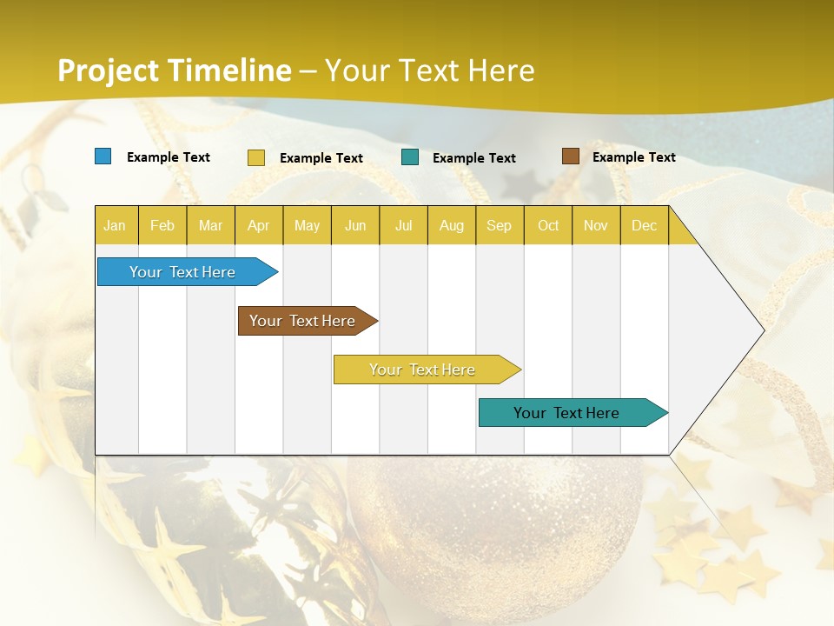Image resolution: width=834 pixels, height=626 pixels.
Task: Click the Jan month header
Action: [x=115, y=225]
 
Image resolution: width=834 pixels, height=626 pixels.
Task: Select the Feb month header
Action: [x=162, y=225]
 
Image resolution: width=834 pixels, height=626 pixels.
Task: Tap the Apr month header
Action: [x=258, y=225]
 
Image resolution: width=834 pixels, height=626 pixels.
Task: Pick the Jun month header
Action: [x=355, y=225]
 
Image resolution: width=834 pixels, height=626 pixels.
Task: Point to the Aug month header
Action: [x=451, y=225]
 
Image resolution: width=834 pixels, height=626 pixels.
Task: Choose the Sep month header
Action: [x=499, y=225]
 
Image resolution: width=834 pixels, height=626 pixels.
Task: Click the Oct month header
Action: [x=548, y=225]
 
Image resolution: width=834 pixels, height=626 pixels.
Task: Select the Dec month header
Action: [x=644, y=225]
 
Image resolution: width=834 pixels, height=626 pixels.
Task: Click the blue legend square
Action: [x=103, y=156]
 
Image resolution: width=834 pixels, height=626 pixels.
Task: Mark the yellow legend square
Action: [x=256, y=157]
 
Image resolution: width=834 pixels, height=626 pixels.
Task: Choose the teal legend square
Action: [x=410, y=157]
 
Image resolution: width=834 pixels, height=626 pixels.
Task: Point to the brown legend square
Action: [x=570, y=156]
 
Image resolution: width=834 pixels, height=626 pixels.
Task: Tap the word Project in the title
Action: [x=108, y=70]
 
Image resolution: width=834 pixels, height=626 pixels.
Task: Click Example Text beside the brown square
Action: [x=633, y=157]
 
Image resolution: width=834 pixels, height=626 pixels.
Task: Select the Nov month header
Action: [x=596, y=225]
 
